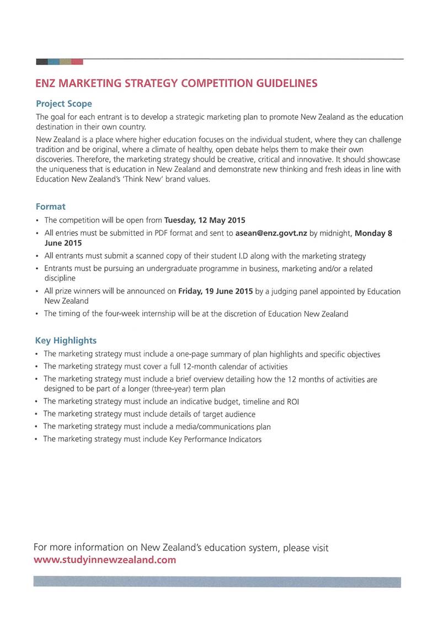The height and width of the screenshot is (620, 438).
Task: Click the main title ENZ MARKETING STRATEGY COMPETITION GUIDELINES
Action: (176, 84)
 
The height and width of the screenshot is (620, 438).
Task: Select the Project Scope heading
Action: (64, 104)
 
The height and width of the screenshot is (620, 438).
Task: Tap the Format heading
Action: (51, 206)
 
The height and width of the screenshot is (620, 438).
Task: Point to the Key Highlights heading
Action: (66, 341)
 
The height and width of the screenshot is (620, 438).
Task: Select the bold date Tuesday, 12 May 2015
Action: (205, 220)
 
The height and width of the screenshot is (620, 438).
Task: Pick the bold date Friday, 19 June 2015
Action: (216, 291)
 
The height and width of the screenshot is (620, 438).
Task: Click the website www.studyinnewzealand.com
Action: (105, 560)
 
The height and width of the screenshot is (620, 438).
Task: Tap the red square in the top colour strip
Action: (77, 61)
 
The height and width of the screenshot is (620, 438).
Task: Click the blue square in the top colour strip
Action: (54, 61)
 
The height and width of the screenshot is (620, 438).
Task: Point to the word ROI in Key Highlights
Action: (292, 401)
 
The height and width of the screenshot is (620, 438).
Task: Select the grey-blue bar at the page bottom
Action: (217, 582)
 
